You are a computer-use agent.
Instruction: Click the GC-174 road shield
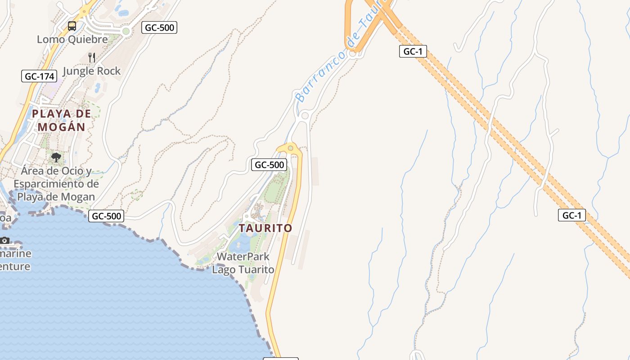coord(39,76)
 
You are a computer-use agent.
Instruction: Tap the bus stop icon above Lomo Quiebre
coord(72,26)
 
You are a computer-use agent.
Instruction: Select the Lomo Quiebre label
coord(72,39)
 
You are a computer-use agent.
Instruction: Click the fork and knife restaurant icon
coord(92,57)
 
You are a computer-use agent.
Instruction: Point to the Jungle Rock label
coord(92,71)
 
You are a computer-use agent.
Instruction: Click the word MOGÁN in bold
coord(61,127)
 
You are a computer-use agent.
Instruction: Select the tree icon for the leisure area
coord(56,157)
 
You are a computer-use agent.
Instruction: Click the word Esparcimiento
coord(56,184)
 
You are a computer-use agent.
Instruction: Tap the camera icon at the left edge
coord(4,240)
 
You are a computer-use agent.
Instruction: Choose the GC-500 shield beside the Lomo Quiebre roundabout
coord(159,27)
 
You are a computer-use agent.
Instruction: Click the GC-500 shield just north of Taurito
coord(269,165)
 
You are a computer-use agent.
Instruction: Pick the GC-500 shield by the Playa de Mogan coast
coord(106,216)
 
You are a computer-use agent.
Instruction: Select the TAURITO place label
coord(265,228)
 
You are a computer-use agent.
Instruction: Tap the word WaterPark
coord(243,256)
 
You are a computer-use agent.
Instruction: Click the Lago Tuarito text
coord(243,270)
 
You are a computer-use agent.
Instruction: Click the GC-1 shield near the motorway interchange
coord(413,51)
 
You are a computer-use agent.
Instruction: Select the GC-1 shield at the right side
coord(572,215)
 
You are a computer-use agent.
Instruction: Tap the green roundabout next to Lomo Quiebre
coord(126,31)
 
